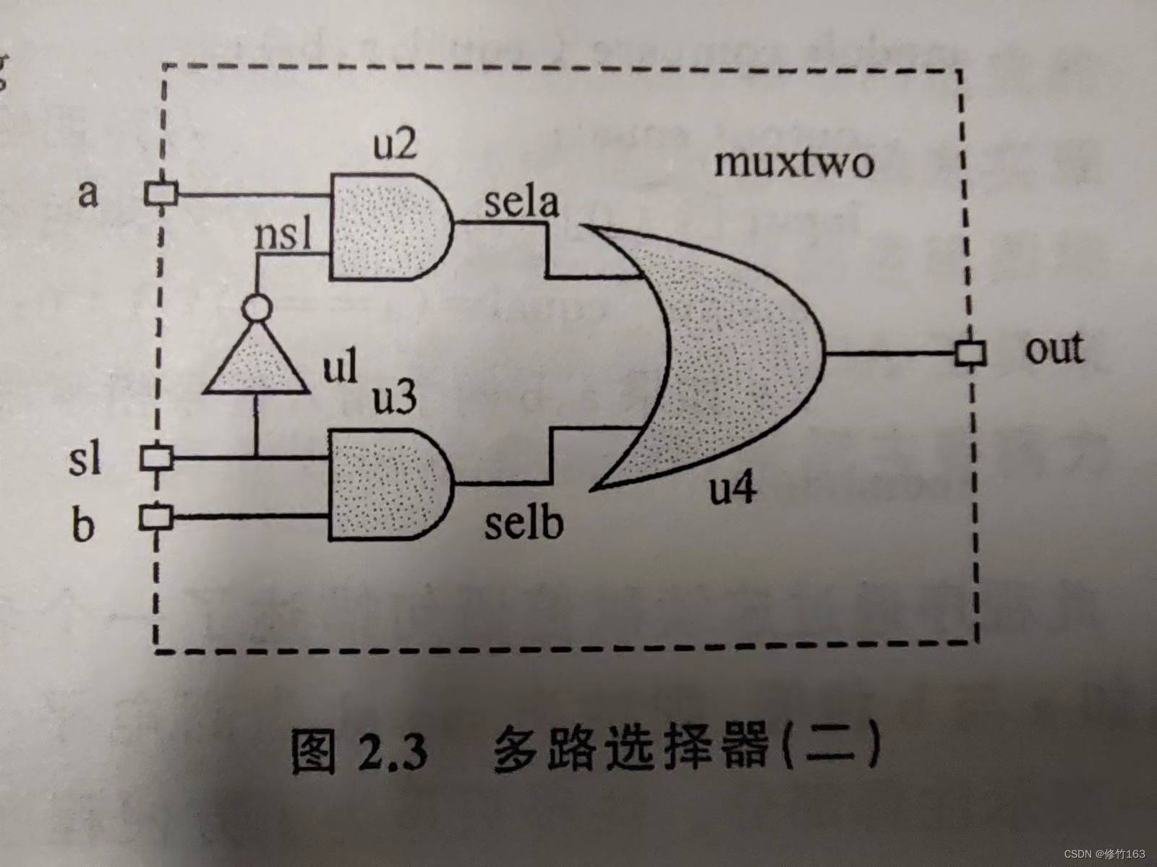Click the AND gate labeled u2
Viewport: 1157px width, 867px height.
coord(387,226)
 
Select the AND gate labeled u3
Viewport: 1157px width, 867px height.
coord(387,483)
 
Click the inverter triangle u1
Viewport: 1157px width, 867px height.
coord(256,365)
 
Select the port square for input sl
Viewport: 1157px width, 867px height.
coord(156,457)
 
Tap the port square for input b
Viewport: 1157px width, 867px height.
coord(155,517)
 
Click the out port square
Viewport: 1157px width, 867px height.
coord(970,353)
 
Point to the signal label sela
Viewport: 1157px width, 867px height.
coord(521,203)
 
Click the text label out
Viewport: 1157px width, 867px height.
coord(1054,350)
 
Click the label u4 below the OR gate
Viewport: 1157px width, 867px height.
coord(732,491)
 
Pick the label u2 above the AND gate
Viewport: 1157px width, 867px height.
coord(395,145)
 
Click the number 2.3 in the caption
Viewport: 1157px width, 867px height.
coord(390,752)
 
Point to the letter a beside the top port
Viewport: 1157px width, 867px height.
coord(87,194)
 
